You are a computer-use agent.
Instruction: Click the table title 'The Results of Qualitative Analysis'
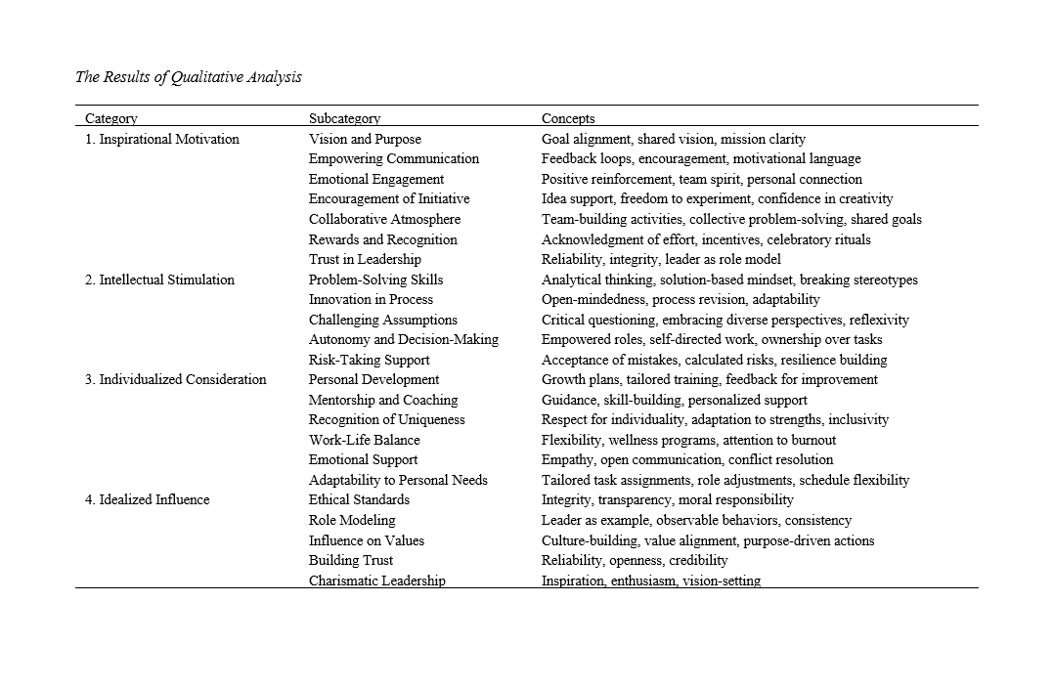click(x=189, y=77)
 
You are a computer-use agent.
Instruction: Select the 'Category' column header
click(x=111, y=118)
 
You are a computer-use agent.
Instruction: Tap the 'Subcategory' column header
click(x=344, y=118)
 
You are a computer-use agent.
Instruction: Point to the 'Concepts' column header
click(x=568, y=118)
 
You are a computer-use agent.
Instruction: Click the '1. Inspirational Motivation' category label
click(x=162, y=139)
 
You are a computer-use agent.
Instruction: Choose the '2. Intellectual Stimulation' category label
click(x=159, y=279)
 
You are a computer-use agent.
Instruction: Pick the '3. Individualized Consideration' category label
click(x=175, y=379)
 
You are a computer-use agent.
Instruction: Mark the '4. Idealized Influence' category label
click(x=147, y=499)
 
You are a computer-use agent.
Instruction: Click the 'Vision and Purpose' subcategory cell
click(x=365, y=139)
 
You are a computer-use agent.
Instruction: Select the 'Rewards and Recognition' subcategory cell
click(x=382, y=239)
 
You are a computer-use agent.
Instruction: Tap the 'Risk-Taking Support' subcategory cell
click(x=369, y=360)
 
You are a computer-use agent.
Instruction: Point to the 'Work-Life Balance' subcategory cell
click(x=364, y=440)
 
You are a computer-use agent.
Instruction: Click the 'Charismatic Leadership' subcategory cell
click(x=376, y=580)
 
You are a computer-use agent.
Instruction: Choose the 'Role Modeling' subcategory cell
click(x=352, y=520)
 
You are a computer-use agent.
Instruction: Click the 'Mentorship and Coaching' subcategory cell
click(x=383, y=400)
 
